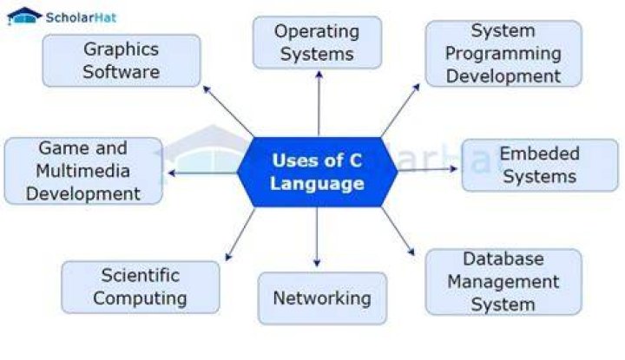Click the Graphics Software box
[x=122, y=61]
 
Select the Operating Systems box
[x=318, y=43]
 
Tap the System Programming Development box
[x=503, y=54]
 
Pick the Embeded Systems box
[x=540, y=165]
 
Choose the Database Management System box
[x=503, y=282]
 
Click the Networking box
[x=322, y=298]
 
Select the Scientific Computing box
[x=141, y=287]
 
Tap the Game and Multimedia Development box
[x=83, y=171]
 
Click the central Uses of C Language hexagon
[x=318, y=172]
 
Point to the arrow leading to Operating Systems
[x=319, y=104]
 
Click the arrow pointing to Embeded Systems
[x=428, y=169]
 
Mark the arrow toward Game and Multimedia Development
[x=203, y=173]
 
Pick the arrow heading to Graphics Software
[x=228, y=111]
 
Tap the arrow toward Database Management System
[x=398, y=231]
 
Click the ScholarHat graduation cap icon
[x=24, y=16]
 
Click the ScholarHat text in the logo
[x=81, y=17]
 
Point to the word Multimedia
[x=83, y=171]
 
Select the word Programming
[x=503, y=54]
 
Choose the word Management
[x=503, y=282]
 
